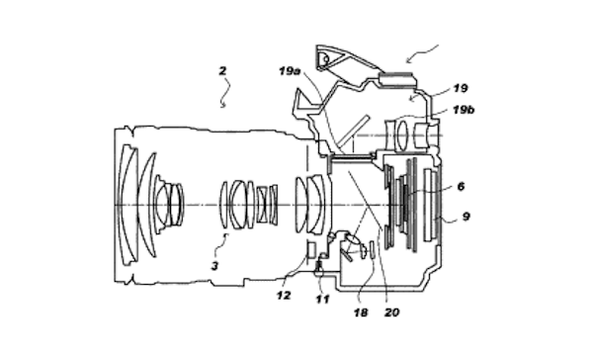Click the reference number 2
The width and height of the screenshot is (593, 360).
(x=222, y=70)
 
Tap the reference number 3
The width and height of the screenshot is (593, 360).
(x=214, y=266)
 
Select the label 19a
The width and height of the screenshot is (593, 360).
(x=290, y=71)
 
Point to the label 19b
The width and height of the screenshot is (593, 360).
(x=464, y=110)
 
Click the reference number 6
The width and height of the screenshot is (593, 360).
(x=461, y=186)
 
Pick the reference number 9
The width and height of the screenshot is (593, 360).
(x=466, y=217)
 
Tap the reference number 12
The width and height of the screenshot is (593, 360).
(x=284, y=296)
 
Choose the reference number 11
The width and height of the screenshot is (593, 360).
(x=322, y=299)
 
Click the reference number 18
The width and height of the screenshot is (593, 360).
(x=361, y=313)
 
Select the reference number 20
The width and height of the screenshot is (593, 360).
(x=392, y=313)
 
